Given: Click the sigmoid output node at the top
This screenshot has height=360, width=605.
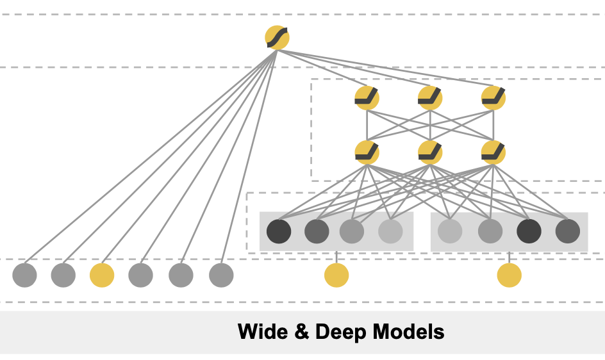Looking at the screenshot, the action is (277, 38).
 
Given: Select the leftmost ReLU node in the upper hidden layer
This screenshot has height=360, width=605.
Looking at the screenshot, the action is (367, 98).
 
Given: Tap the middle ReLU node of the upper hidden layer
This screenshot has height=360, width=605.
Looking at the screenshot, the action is (430, 98).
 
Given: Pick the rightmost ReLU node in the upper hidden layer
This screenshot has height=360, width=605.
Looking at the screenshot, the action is (493, 98).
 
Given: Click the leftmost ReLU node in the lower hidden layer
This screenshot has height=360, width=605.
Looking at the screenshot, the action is (367, 152).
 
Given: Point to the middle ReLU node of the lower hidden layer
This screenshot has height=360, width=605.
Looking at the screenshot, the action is (430, 152).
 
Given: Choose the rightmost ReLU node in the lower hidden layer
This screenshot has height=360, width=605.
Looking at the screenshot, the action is (493, 152).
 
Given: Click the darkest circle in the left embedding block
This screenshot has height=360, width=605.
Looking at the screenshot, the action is (279, 231).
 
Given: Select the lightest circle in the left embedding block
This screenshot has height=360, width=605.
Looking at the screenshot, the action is (390, 231).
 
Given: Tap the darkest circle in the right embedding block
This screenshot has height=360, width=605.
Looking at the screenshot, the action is (529, 231).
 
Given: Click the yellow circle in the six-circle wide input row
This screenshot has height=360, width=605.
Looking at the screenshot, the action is (102, 275).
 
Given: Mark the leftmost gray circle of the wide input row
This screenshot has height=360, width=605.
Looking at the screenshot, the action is (25, 275).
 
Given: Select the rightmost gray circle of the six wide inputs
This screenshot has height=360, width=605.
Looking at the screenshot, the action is (221, 275).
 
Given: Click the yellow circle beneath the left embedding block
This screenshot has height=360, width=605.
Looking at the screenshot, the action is (336, 275).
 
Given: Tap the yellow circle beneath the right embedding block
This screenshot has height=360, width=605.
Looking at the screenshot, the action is (510, 275).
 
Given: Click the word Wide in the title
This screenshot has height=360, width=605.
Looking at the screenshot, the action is (263, 331).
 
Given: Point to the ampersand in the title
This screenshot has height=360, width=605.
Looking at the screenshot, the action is (302, 331).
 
